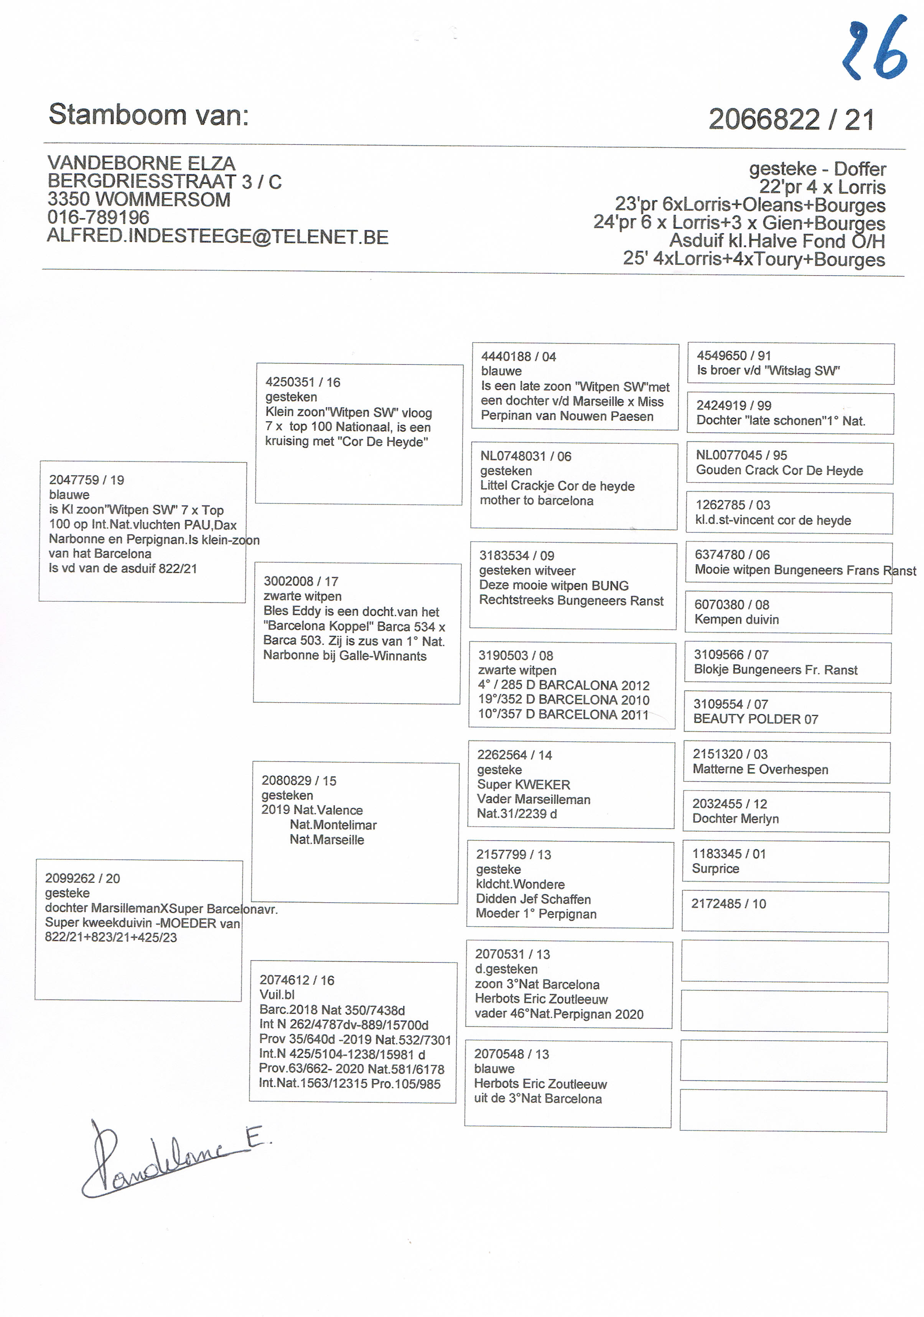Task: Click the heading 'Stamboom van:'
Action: [x=149, y=114]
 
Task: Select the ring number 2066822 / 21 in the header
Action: [x=791, y=119]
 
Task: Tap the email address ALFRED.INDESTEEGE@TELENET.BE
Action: [x=217, y=236]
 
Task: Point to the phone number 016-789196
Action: [x=98, y=217]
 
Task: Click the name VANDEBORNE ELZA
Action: [x=141, y=163]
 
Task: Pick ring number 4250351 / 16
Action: [x=303, y=382]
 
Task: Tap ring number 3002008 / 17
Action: [x=301, y=581]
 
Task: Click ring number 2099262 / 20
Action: [x=82, y=878]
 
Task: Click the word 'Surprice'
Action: [x=715, y=869]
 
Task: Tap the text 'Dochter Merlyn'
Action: [x=735, y=819]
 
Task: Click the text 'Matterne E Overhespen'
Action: [x=760, y=769]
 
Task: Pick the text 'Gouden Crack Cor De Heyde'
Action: [x=779, y=470]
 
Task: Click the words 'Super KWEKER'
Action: [x=524, y=785]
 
